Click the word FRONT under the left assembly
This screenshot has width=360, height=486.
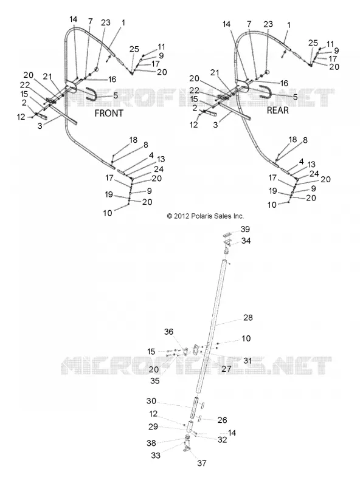(x=109, y=113)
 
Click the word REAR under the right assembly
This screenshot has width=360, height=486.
(x=278, y=110)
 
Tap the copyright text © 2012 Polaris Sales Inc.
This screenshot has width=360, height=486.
(x=206, y=216)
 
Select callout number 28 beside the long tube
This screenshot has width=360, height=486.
(x=248, y=317)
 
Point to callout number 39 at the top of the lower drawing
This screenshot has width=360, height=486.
(x=245, y=229)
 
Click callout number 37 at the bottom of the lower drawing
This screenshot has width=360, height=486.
(x=202, y=463)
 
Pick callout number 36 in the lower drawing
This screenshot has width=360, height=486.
(x=168, y=332)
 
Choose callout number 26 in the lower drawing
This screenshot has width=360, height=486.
(x=222, y=420)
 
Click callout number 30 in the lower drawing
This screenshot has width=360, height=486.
(x=151, y=401)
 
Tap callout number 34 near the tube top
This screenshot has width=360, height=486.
(x=246, y=241)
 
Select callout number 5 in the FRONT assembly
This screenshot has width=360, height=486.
(x=116, y=95)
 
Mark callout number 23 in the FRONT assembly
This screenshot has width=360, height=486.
(x=106, y=22)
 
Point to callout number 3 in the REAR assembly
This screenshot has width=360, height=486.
(x=215, y=125)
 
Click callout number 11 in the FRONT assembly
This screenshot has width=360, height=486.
(x=161, y=47)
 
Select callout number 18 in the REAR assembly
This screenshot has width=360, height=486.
(x=292, y=140)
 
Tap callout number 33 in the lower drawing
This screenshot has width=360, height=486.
(x=156, y=455)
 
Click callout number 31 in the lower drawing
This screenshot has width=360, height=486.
(x=247, y=360)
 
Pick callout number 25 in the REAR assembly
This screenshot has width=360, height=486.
(x=313, y=43)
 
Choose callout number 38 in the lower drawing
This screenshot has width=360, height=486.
(x=151, y=443)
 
